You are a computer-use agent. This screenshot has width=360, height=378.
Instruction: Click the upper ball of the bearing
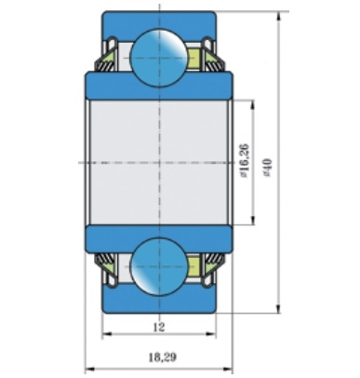(159, 58)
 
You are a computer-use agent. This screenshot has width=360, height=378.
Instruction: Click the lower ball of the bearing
(159, 266)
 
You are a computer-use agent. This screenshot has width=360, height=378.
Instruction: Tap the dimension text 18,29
(163, 358)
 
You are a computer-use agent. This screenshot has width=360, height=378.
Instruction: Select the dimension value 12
(159, 327)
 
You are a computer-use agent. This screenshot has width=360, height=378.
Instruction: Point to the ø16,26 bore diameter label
(245, 160)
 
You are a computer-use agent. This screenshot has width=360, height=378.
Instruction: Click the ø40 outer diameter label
(267, 168)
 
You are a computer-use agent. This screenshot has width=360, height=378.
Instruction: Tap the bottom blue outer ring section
(159, 301)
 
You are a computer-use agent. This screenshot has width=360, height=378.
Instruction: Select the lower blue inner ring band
(159, 239)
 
